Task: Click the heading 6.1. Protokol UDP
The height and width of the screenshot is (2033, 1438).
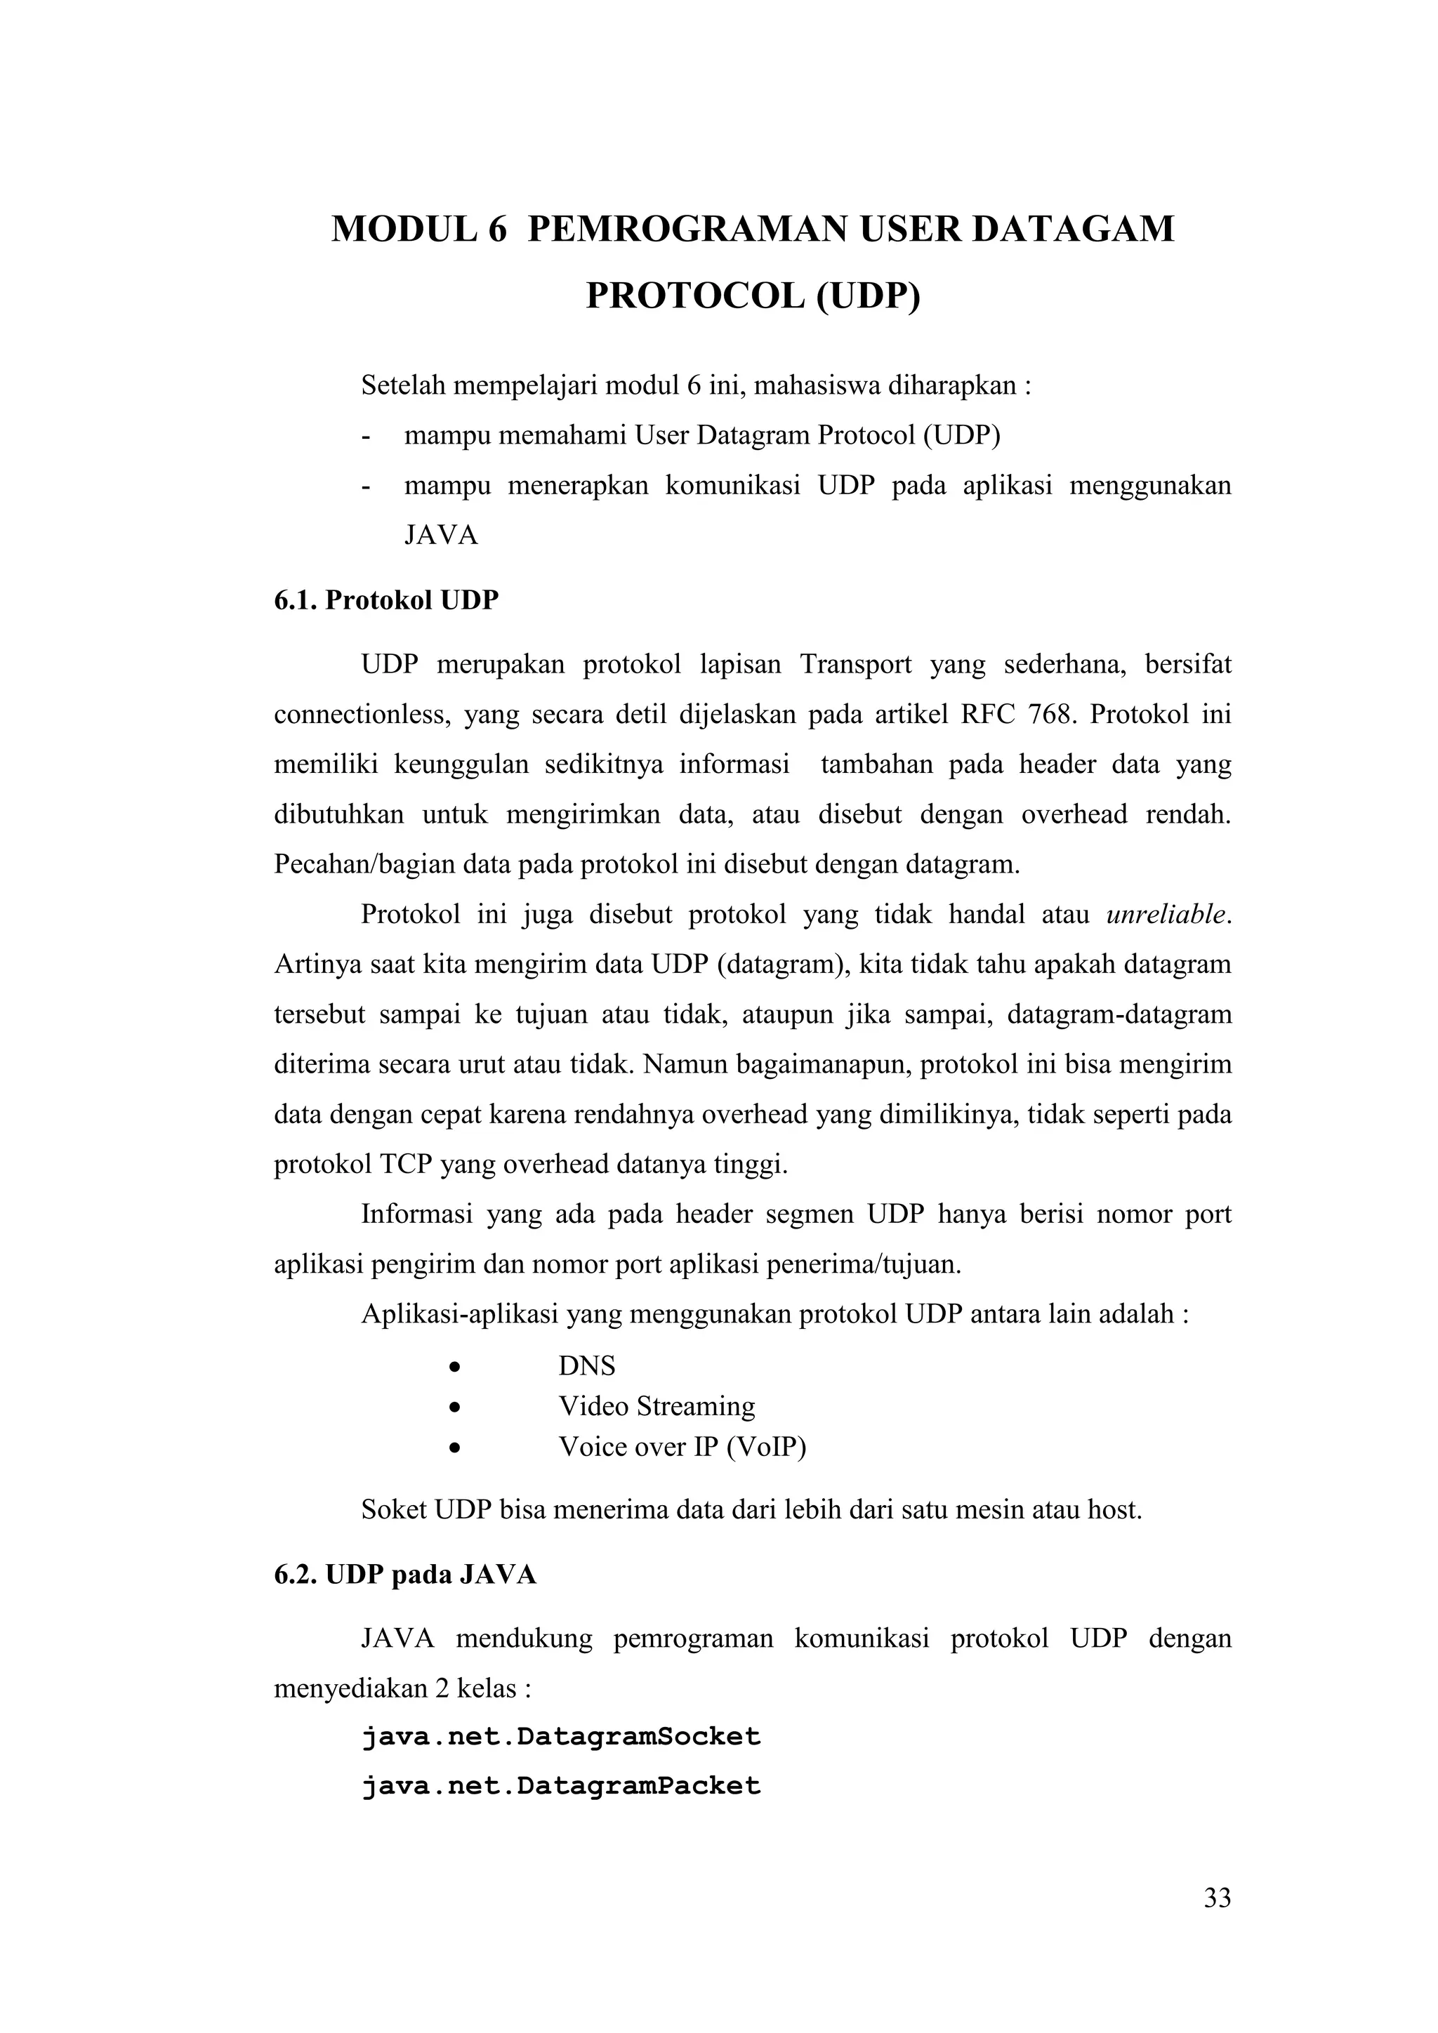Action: pos(386,600)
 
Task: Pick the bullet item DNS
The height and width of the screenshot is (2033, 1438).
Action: pos(586,1365)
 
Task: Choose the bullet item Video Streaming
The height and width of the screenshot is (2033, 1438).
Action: pos(656,1406)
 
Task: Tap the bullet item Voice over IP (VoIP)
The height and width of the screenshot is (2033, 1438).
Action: pos(682,1447)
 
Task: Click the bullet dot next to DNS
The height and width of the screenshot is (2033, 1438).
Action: pos(454,1367)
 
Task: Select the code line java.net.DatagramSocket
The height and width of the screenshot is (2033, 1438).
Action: pos(560,1736)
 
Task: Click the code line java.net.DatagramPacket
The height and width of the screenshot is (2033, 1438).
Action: pos(560,1786)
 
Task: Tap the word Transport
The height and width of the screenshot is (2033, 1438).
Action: pos(855,664)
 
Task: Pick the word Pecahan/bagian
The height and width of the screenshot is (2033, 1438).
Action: pos(364,863)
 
